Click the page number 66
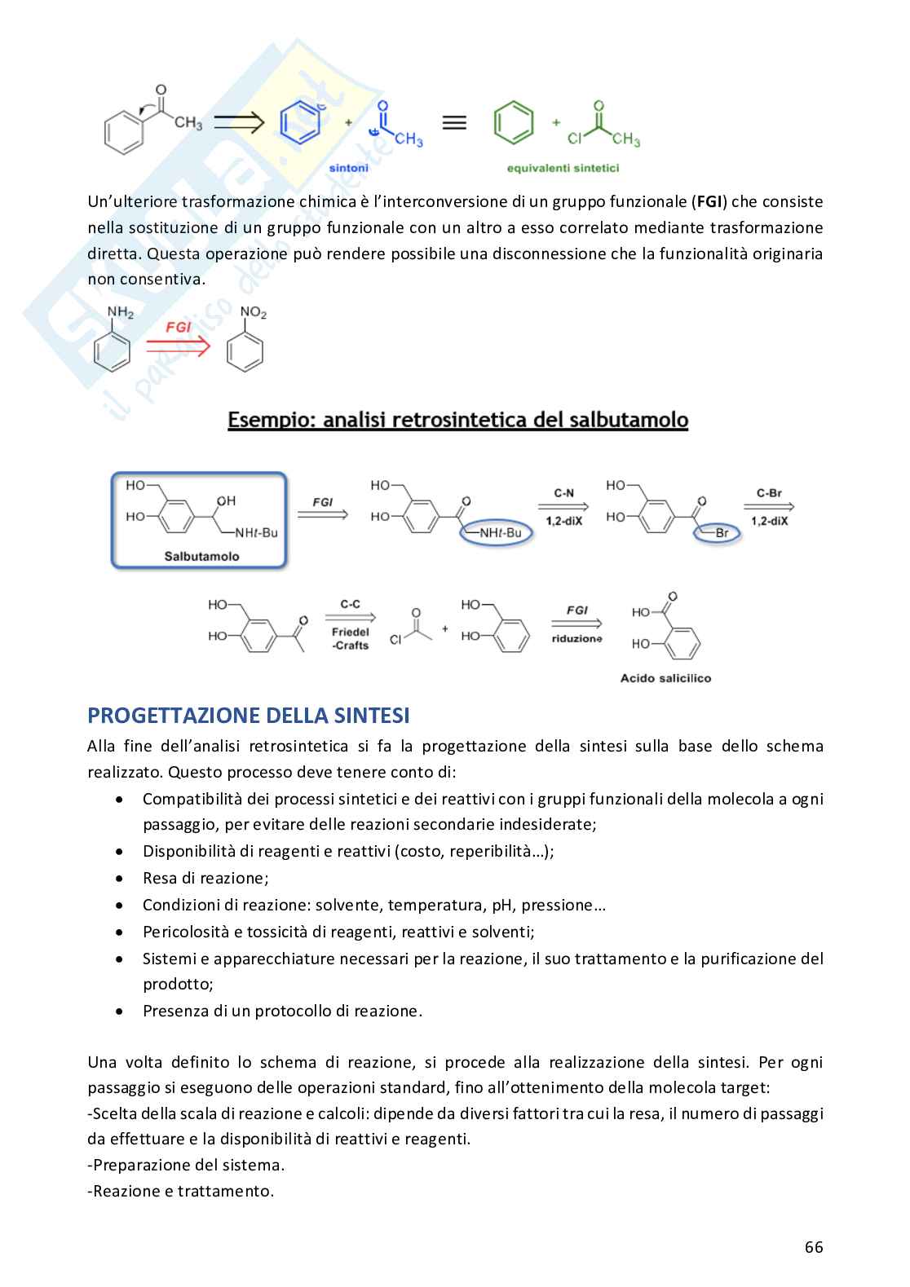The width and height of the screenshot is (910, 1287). click(813, 1247)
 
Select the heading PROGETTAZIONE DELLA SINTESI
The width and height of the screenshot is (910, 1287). click(248, 716)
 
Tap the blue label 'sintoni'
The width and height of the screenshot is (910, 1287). click(348, 168)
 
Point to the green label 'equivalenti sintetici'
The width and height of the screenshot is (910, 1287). click(563, 168)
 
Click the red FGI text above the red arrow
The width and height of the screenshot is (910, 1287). click(178, 327)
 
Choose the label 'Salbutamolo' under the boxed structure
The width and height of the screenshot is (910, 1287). click(201, 556)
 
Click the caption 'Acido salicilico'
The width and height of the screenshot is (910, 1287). click(665, 678)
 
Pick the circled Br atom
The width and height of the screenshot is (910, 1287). click(721, 533)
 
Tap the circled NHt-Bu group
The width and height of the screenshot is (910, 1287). click(499, 533)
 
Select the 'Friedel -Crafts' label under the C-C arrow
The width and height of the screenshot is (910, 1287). click(351, 638)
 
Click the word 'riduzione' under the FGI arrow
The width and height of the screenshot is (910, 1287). click(576, 639)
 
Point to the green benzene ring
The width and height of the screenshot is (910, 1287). click(514, 124)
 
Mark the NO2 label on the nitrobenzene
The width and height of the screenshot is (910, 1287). click(253, 313)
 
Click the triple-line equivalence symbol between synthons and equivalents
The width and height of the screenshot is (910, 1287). click(454, 123)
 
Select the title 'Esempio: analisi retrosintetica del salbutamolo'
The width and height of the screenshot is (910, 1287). click(457, 421)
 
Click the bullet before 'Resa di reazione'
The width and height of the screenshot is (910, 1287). click(121, 879)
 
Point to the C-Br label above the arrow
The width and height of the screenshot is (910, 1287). click(768, 493)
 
